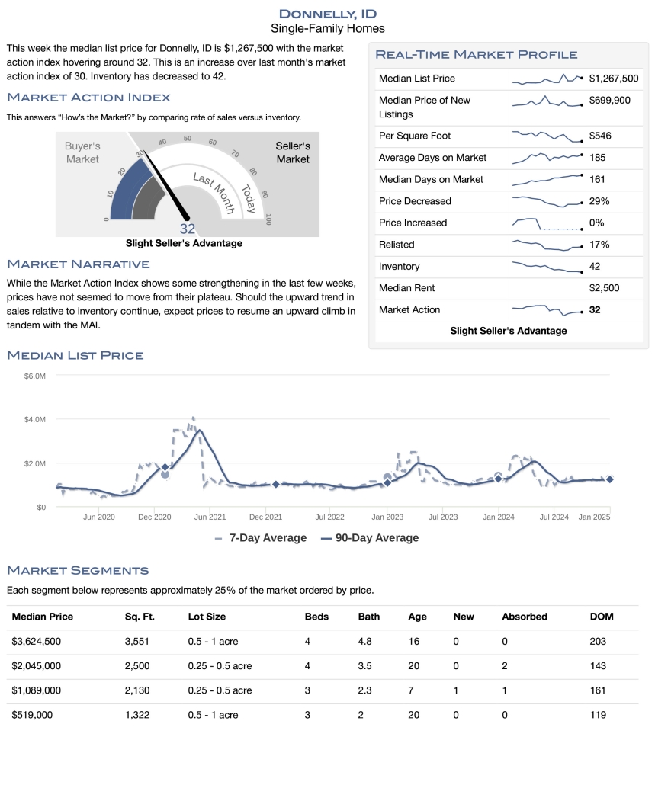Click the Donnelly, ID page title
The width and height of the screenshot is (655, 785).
click(x=328, y=14)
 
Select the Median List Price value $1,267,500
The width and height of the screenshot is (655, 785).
click(x=614, y=78)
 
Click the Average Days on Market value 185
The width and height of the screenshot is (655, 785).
click(x=598, y=158)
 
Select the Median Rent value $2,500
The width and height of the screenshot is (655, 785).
click(x=604, y=288)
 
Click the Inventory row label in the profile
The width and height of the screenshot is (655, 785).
click(x=399, y=267)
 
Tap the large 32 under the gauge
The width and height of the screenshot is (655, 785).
click(x=188, y=229)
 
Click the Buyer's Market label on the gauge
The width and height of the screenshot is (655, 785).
click(x=82, y=152)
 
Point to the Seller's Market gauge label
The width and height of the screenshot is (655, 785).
click(x=293, y=152)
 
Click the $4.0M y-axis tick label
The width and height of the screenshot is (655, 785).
click(x=35, y=420)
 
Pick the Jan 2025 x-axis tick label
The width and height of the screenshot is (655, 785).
click(x=594, y=517)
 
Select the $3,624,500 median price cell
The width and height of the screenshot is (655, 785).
click(x=37, y=642)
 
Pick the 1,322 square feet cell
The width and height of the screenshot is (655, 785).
click(x=138, y=715)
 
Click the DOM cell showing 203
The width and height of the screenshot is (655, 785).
click(x=598, y=642)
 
